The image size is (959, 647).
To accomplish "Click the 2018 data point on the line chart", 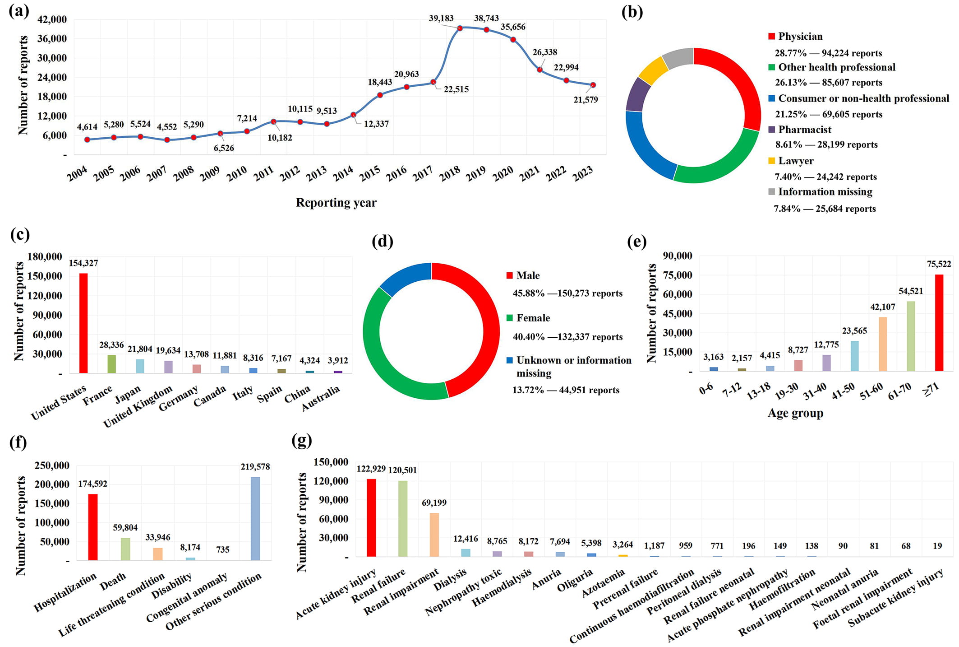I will (x=460, y=28).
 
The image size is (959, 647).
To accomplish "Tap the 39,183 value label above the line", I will (x=441, y=18).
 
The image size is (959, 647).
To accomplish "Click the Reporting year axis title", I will (x=336, y=203).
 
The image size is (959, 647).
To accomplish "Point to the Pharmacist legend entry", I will (x=804, y=130).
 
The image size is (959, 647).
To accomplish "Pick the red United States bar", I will (x=83, y=323).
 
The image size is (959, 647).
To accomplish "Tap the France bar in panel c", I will (x=111, y=364).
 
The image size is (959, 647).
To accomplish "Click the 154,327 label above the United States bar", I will (x=83, y=263).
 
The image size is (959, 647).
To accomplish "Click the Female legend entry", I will (x=533, y=318).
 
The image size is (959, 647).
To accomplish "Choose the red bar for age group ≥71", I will (x=939, y=322).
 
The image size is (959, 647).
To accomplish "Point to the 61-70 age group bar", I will (x=911, y=336).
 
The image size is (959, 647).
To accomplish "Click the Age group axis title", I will (x=795, y=413).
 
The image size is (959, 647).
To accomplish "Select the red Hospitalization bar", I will (x=93, y=527).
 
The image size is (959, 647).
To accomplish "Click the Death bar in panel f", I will (x=125, y=549).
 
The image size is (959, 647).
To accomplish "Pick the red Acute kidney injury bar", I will (x=371, y=517).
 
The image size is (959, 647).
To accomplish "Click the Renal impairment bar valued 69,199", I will (x=434, y=535).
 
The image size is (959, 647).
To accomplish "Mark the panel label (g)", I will (x=302, y=440).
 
